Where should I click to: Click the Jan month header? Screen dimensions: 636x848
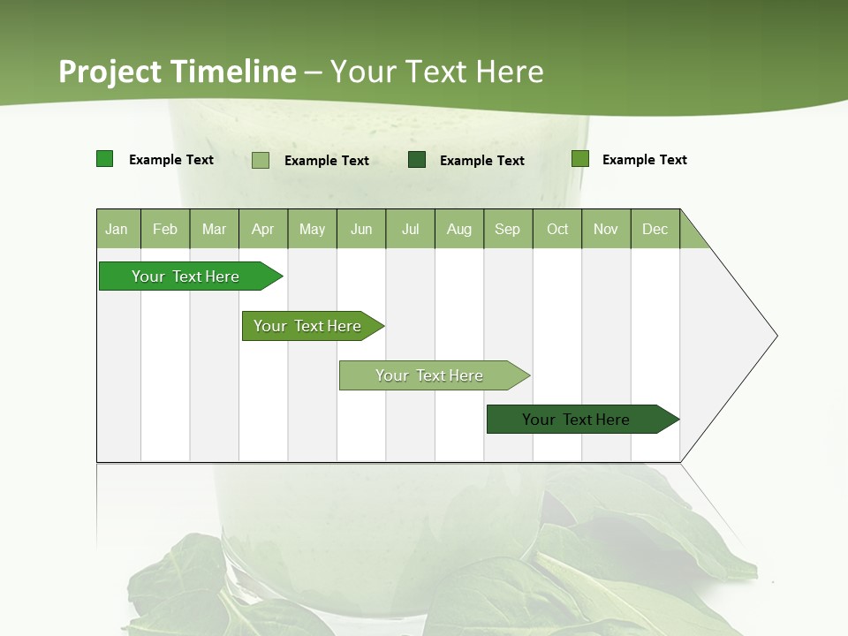(x=117, y=229)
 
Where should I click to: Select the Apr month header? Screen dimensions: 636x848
(x=262, y=229)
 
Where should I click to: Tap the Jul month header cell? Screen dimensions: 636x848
(x=410, y=229)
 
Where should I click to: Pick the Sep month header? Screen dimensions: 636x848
(x=507, y=229)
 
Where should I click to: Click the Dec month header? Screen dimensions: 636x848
(x=655, y=229)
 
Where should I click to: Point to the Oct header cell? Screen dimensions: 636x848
(x=557, y=229)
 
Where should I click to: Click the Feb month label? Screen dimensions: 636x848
(x=165, y=229)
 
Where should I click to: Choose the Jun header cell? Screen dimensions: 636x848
(x=361, y=229)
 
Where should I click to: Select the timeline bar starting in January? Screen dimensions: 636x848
(x=185, y=276)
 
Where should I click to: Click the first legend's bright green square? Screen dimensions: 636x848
(x=105, y=159)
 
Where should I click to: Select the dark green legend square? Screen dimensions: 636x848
(x=417, y=159)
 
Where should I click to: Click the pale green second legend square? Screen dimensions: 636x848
(x=261, y=160)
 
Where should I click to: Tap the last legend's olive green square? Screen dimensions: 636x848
(x=580, y=159)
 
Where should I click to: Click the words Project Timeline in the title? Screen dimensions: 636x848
(x=178, y=72)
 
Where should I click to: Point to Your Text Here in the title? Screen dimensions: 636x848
(x=437, y=72)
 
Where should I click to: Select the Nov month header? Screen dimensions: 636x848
(x=606, y=229)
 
